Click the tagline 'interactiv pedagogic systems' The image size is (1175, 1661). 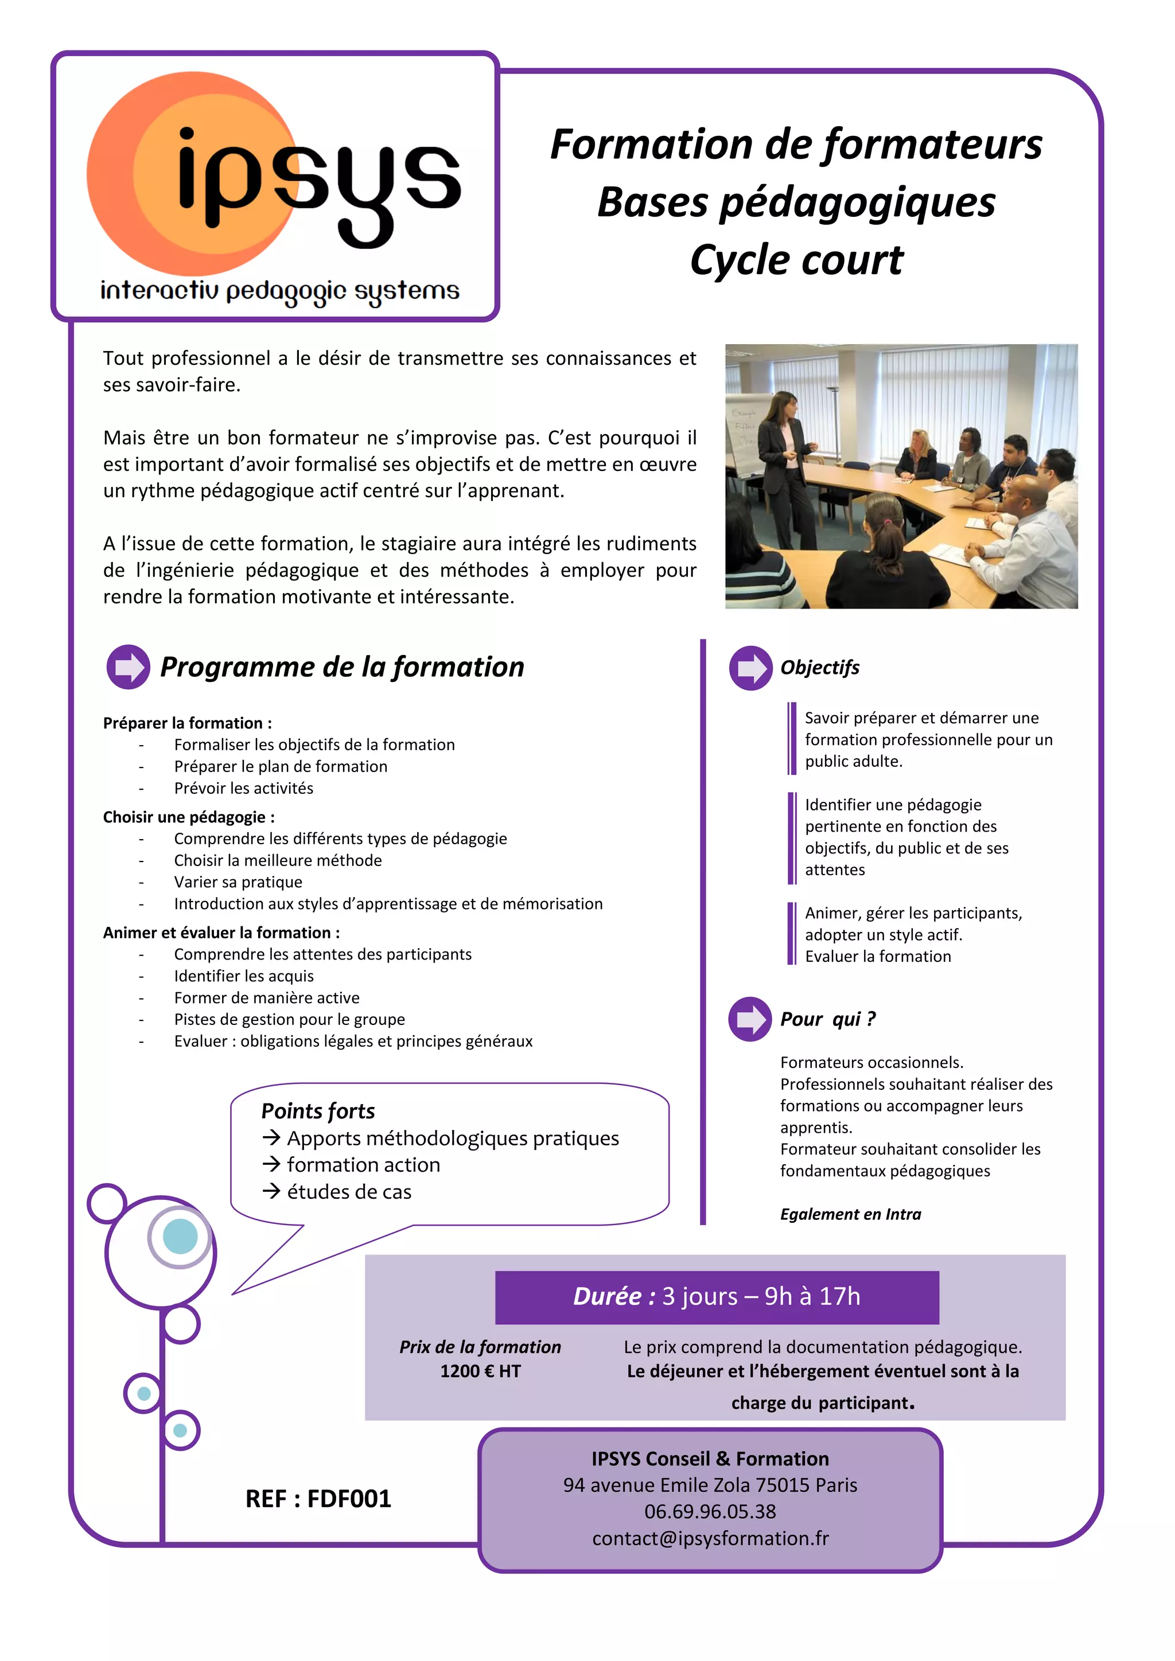click(x=279, y=291)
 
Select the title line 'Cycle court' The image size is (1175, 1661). click(x=796, y=260)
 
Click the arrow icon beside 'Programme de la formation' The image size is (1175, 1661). click(x=128, y=666)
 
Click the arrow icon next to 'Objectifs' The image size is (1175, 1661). click(x=750, y=667)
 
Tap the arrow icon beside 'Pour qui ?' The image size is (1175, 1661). click(x=749, y=1019)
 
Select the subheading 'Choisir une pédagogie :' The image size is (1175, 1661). click(x=189, y=817)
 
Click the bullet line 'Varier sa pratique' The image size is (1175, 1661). click(x=238, y=882)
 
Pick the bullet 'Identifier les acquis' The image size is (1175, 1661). click(x=244, y=976)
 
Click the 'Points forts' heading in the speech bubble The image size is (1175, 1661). click(x=318, y=1110)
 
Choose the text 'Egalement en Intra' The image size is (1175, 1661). click(x=850, y=1214)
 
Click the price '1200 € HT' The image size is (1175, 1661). click(x=480, y=1371)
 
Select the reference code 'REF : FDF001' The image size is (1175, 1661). click(x=318, y=1498)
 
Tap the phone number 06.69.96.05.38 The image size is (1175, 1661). click(x=710, y=1511)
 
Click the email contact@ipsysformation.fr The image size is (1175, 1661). click(x=710, y=1538)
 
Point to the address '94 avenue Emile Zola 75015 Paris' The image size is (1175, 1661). click(x=710, y=1484)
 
